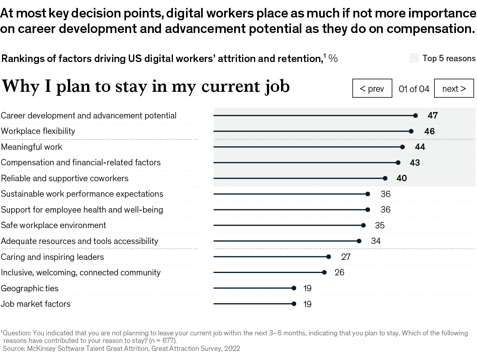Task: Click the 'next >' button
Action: [454, 89]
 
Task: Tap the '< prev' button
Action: [372, 89]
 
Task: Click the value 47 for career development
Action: [432, 116]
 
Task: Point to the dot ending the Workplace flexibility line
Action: [411, 131]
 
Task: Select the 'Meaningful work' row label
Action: [32, 147]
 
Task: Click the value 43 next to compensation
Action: [415, 163]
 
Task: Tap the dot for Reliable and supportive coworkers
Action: [385, 178]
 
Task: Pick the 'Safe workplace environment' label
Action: [54, 225]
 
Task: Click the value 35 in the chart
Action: [380, 226]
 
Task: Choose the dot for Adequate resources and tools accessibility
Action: [359, 241]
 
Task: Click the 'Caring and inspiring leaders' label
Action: [52, 257]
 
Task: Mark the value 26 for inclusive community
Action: [339, 273]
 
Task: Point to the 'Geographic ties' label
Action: [30, 288]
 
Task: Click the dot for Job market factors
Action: [294, 304]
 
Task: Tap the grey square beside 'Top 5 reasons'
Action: [414, 58]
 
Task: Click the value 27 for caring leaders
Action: [346, 257]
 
